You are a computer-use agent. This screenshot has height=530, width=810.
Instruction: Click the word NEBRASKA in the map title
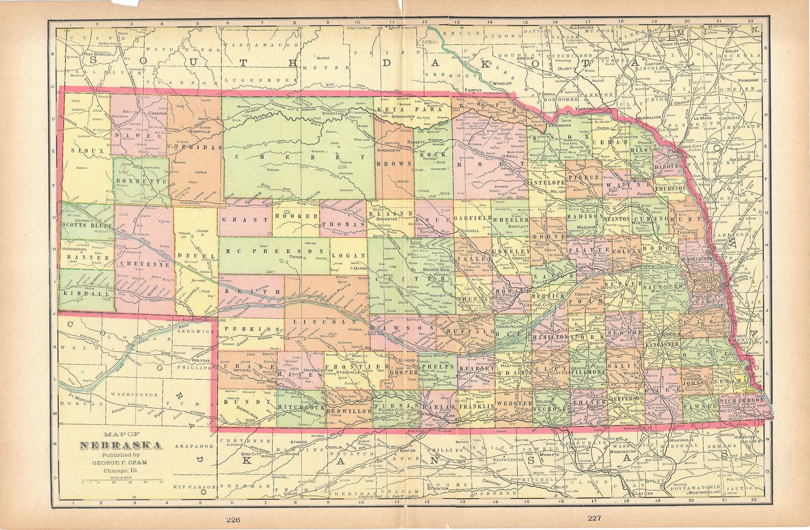(x=121, y=446)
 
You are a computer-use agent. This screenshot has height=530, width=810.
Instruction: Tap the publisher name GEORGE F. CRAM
(x=121, y=463)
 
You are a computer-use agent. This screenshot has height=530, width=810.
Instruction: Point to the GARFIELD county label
(x=472, y=218)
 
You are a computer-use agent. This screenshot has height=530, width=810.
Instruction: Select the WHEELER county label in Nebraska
(x=510, y=220)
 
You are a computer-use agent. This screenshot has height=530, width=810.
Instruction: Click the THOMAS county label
(x=343, y=224)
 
